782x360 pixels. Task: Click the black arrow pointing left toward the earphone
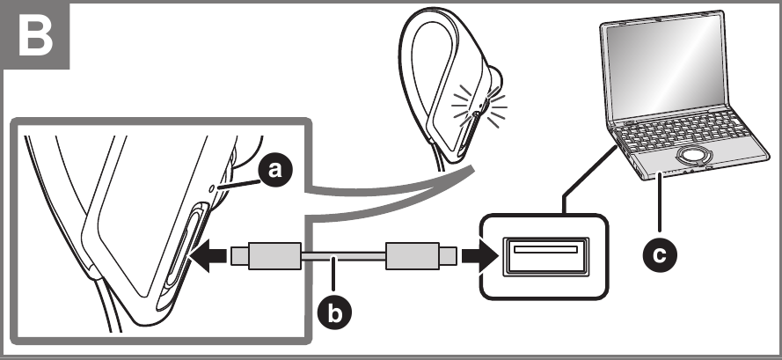[208, 257]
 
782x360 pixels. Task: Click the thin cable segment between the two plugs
[343, 257]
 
